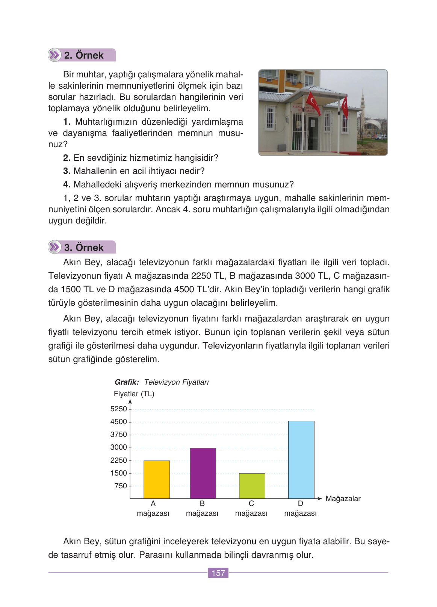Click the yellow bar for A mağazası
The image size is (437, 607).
pyautogui.click(x=157, y=480)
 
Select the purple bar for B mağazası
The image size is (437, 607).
pyautogui.click(x=203, y=473)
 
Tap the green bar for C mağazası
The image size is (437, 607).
pyautogui.click(x=252, y=486)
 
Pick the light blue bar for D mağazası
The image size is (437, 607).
pyautogui.click(x=301, y=460)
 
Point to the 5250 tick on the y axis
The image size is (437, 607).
pyautogui.click(x=119, y=409)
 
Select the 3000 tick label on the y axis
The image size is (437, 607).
pyautogui.click(x=119, y=447)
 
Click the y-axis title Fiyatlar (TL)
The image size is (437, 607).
pyautogui.click(x=134, y=394)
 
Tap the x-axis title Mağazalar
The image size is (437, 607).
pyautogui.click(x=343, y=499)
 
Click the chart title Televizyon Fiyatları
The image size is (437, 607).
pyautogui.click(x=176, y=382)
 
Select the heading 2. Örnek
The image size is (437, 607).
pyautogui.click(x=84, y=55)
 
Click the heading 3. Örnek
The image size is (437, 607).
pyautogui.click(x=84, y=248)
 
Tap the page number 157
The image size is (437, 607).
pyautogui.click(x=218, y=573)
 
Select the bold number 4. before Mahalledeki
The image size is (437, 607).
pyautogui.click(x=67, y=185)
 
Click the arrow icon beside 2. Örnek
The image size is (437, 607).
pyautogui.click(x=55, y=55)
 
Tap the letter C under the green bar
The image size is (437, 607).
pyautogui.click(x=251, y=504)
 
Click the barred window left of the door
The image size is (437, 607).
pyautogui.click(x=271, y=118)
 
